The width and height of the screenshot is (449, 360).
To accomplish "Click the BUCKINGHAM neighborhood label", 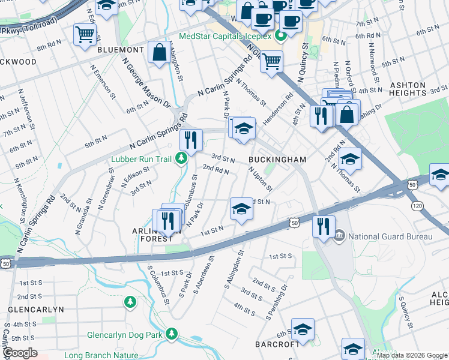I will point(278,160).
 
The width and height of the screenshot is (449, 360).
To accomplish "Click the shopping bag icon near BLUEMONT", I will point(160,52).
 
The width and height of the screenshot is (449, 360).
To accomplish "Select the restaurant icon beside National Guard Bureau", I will point(322,227).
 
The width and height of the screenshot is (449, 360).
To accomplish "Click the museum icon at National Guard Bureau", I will point(339,236).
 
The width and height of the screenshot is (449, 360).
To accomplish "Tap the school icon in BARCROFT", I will point(303,329).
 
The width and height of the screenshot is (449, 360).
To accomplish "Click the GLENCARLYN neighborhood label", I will point(35,310).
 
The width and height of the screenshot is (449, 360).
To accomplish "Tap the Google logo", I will point(20,353).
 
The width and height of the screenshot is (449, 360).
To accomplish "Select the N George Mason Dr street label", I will point(139,83).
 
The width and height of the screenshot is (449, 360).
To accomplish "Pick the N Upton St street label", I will point(261,178).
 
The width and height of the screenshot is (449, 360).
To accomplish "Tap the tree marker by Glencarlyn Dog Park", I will point(172,333).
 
